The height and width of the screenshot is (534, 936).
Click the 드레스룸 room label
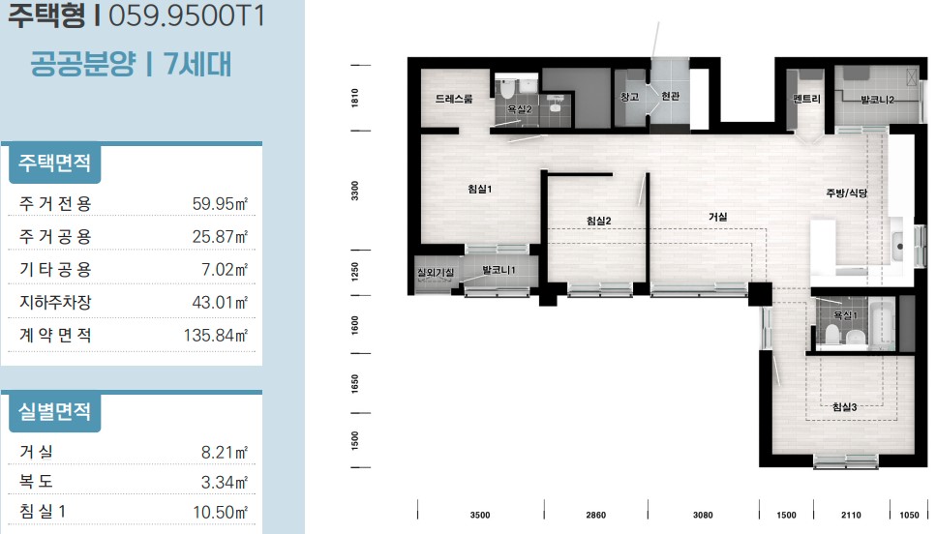coord(454,99)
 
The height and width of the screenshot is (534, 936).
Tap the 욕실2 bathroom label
coord(520,109)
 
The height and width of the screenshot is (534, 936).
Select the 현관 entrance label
coord(671,96)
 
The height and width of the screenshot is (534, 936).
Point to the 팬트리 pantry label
coord(806,99)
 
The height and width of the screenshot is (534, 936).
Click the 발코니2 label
coord(878,100)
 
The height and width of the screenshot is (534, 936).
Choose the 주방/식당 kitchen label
coord(846,193)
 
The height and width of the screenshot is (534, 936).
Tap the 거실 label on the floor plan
coord(717,217)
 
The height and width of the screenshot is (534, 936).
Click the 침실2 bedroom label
coord(599,221)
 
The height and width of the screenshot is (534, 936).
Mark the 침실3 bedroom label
coord(845,407)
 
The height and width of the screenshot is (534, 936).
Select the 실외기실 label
coord(436,273)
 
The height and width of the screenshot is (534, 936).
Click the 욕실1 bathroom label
coord(846,315)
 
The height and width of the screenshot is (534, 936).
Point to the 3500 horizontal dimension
coord(480,515)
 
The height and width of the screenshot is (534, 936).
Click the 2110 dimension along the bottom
coord(851,515)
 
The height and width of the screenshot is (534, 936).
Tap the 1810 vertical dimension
coord(355,98)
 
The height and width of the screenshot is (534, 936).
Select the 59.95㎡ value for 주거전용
coord(220,203)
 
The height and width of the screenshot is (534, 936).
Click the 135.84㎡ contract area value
coord(216,335)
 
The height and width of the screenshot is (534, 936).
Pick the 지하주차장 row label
coord(55,302)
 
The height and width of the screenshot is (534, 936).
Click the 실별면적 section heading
coord(54,411)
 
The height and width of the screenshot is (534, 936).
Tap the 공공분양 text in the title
coord(83,64)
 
